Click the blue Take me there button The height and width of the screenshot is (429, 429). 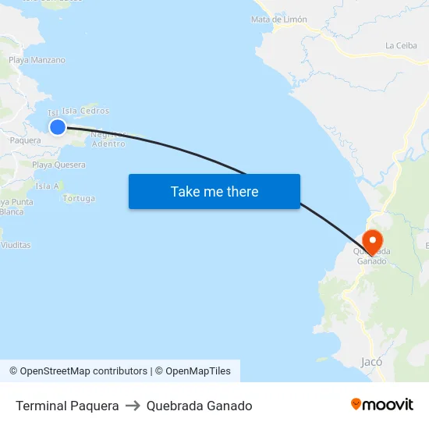point(214,191)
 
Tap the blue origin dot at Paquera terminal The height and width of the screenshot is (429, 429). point(57,126)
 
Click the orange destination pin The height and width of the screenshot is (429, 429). point(373,240)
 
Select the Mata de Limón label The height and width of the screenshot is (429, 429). point(279,19)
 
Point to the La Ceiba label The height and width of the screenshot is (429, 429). point(401,45)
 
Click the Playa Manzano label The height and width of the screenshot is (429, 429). point(37,60)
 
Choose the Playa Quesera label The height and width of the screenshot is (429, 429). point(58,165)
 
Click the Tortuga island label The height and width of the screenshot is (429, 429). point(79,199)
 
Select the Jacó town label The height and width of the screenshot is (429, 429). point(371,361)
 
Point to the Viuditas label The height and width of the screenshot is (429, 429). point(16,245)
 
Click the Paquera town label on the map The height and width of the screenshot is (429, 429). point(25,140)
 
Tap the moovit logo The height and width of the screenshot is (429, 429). point(382,404)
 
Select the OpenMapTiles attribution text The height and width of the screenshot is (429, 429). point(193,371)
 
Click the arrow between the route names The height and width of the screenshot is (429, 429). point(133,406)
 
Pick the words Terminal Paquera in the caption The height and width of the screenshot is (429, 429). point(67,406)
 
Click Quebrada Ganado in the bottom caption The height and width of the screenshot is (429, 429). point(199,406)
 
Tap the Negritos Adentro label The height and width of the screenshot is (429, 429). point(108,139)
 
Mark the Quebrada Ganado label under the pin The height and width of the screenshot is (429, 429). point(371,256)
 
